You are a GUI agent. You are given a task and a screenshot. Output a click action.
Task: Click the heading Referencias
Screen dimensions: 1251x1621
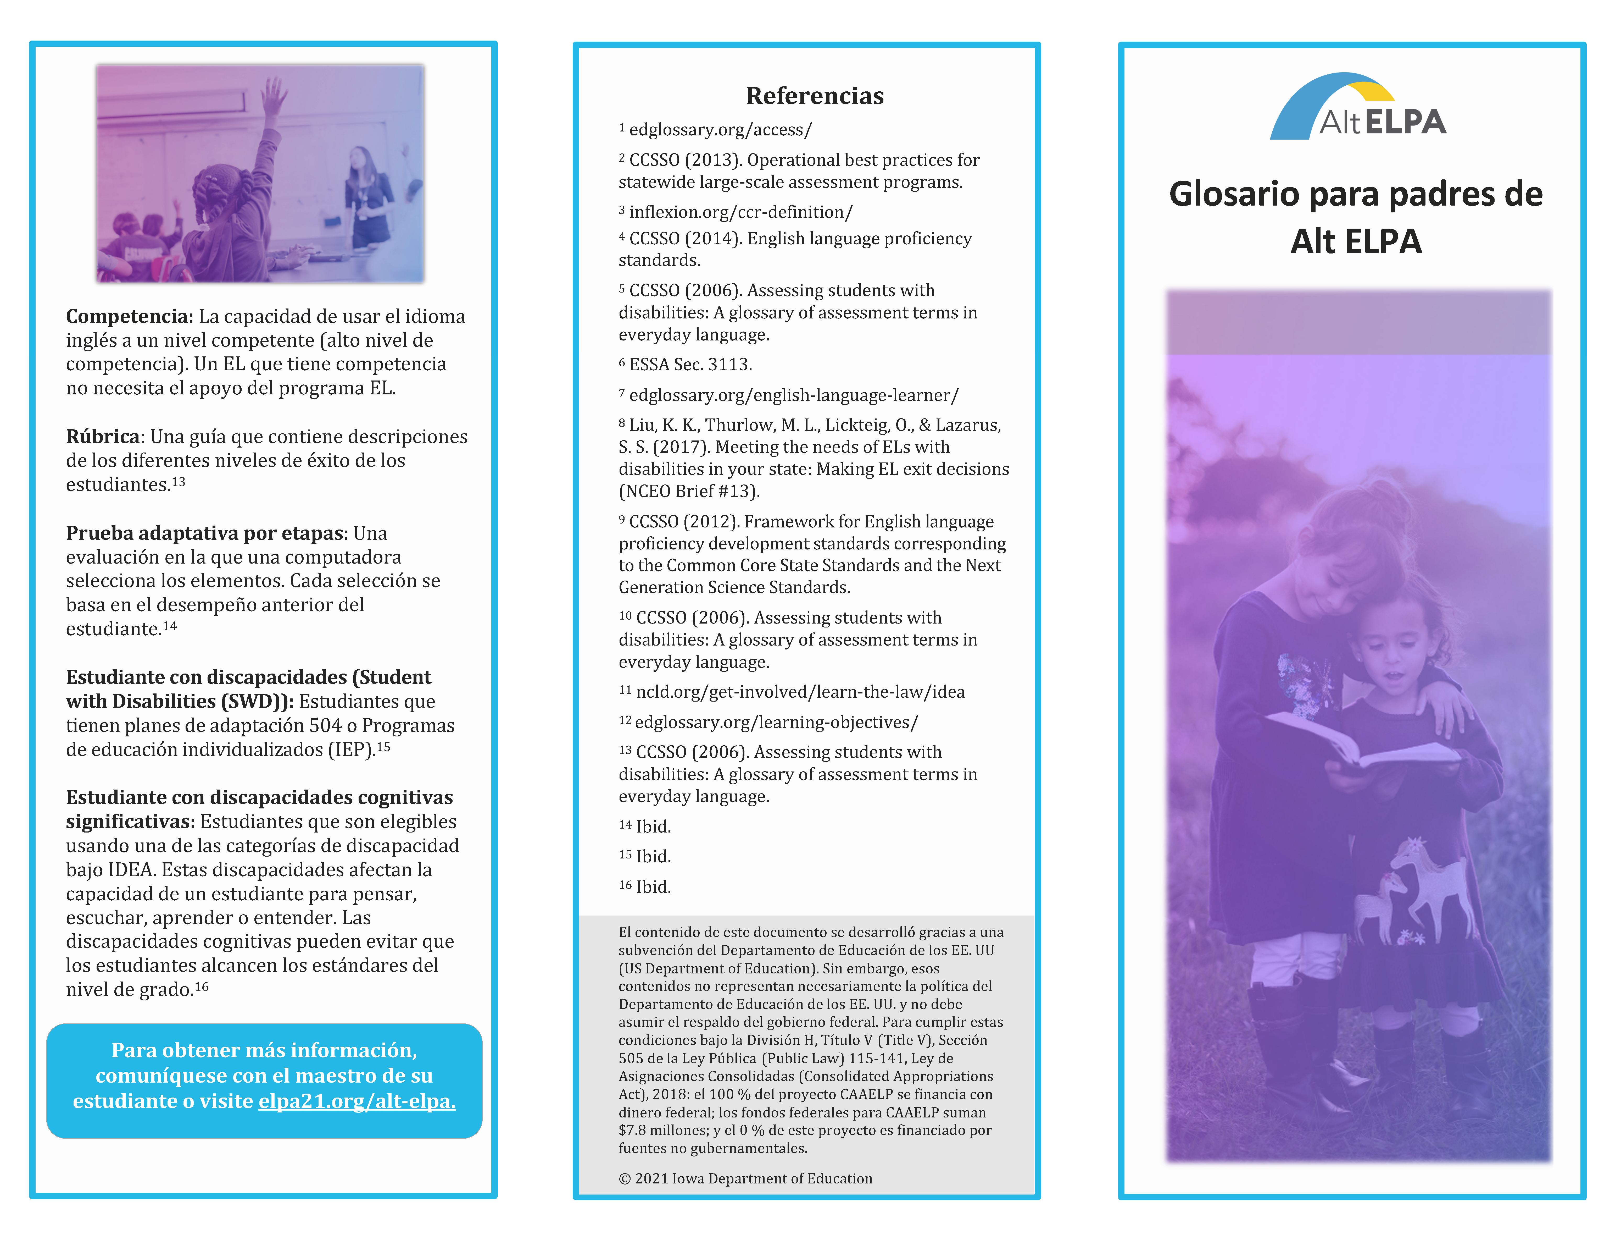coord(814,96)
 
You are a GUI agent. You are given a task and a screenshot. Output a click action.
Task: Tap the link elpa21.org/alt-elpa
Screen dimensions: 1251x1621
coord(356,1101)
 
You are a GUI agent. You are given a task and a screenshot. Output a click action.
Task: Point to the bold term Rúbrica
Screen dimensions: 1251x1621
coord(102,437)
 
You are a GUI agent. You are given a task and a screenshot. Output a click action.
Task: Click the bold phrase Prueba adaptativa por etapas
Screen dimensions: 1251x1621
coord(204,533)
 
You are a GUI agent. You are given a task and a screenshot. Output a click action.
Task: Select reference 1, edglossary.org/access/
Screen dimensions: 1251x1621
coord(720,130)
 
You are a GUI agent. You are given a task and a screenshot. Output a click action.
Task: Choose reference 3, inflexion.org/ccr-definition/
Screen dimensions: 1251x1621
coord(741,212)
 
